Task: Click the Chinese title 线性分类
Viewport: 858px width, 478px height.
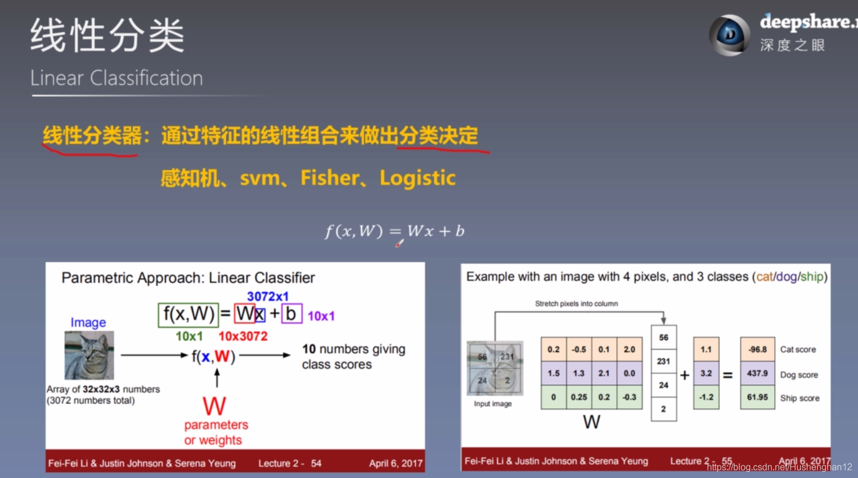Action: coord(107,35)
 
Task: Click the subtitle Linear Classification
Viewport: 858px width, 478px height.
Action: coord(116,78)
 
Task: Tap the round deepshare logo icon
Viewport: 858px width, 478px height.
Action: coord(729,35)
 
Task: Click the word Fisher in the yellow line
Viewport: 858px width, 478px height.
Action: coord(330,178)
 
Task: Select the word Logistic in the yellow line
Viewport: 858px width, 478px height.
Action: coord(417,178)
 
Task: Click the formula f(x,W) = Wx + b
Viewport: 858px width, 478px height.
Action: coord(395,231)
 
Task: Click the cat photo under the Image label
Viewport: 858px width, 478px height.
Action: coord(90,355)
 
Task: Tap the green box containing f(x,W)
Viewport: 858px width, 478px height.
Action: coord(188,314)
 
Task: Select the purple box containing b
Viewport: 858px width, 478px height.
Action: coord(291,314)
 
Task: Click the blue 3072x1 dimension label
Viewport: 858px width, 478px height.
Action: coord(267,297)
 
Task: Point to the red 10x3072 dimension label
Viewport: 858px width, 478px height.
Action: coord(243,337)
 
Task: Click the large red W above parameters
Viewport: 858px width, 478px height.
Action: coord(214,407)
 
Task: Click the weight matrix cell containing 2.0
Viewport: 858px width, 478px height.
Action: coord(629,349)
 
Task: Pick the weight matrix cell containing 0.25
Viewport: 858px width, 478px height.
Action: coord(579,397)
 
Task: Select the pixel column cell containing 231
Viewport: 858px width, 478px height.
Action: coord(664,361)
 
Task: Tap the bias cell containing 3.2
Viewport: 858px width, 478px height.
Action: coord(706,373)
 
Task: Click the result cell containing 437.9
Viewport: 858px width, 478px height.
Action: coord(757,373)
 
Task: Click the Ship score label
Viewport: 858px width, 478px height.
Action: coord(799,398)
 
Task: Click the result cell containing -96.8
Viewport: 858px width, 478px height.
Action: coord(757,349)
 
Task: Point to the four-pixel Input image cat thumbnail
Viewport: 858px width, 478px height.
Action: coord(495,368)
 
